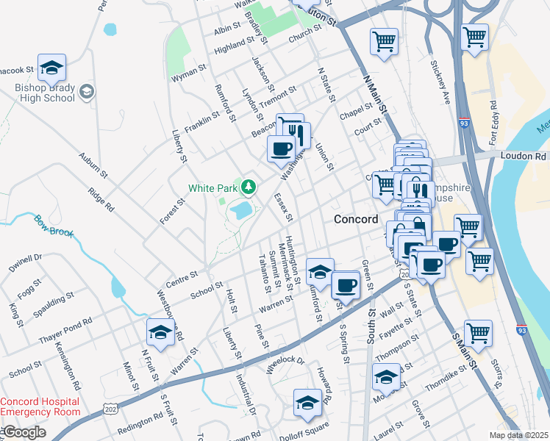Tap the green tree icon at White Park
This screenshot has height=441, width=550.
249,187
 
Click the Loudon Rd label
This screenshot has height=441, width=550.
525,156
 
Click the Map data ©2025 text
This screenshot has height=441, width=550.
518,435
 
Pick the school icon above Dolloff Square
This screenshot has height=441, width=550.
307,403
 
